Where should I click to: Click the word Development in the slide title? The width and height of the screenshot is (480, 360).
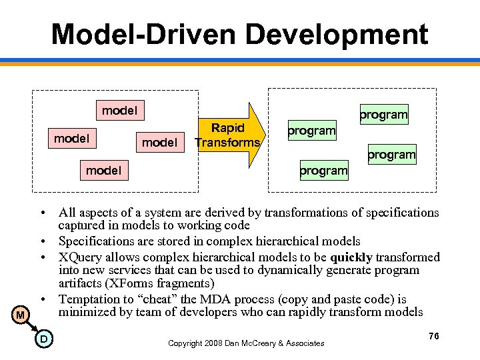331,34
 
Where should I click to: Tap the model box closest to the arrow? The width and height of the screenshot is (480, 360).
160,142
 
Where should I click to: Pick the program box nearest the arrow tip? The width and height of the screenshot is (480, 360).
311,129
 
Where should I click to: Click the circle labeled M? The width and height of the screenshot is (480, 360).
21,314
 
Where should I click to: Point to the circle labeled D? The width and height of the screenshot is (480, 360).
43,340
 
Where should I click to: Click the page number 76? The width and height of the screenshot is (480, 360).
434,337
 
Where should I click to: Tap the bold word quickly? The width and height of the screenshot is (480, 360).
351,257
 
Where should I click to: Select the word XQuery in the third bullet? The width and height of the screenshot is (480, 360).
80,257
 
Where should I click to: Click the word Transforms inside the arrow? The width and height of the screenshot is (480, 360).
227,142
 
